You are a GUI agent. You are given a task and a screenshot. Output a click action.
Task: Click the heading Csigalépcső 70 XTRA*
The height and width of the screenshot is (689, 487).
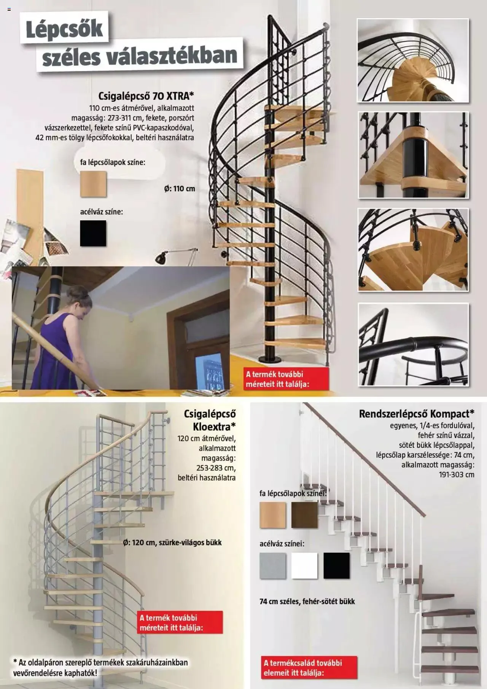point(146,95)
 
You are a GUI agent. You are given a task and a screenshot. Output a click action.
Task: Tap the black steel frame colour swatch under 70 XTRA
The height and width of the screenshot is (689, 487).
point(93,233)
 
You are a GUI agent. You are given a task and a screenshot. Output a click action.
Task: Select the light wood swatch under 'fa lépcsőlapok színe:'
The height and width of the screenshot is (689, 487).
point(93,184)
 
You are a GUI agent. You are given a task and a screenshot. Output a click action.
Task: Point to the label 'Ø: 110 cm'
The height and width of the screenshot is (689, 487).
point(180,188)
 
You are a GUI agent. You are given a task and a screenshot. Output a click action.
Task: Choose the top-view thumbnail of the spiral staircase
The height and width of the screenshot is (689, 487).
point(413,60)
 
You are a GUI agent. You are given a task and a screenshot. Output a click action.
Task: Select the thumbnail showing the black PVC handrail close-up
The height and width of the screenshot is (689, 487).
point(413,344)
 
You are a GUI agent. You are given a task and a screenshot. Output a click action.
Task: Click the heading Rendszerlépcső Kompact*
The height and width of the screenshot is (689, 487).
point(416,414)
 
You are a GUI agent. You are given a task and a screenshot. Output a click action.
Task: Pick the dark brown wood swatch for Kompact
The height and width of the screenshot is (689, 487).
point(304,515)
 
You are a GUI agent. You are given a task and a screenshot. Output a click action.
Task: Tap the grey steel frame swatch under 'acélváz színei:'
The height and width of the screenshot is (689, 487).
point(272,566)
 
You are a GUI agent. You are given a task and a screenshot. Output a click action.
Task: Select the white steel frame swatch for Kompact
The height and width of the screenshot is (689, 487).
point(304,566)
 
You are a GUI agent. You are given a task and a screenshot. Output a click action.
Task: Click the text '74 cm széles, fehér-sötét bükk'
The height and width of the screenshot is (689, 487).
point(307,601)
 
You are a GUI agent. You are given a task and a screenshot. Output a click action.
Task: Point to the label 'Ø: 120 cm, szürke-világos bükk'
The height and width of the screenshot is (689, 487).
point(172,543)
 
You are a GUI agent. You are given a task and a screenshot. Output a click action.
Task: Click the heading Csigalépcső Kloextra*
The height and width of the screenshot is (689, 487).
point(210,419)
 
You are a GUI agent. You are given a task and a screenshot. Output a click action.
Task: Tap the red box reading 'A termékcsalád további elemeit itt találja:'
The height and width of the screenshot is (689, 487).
point(309,667)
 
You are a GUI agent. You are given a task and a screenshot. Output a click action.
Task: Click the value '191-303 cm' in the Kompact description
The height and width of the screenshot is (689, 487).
point(457,474)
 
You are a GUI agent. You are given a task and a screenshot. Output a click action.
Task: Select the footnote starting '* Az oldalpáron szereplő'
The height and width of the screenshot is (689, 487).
point(100,667)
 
